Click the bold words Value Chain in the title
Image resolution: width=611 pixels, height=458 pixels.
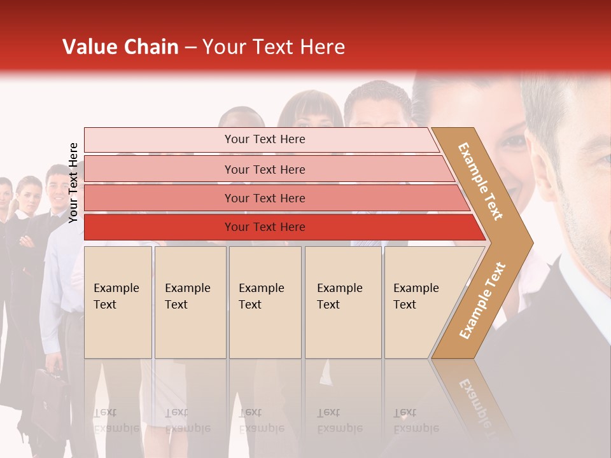[x=120, y=47]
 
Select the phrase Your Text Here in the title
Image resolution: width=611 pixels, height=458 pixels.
[x=274, y=47]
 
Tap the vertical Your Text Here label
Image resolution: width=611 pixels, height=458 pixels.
[x=73, y=183]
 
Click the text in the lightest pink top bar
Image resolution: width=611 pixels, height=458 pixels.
[x=265, y=139]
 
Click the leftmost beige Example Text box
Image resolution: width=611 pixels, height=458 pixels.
[x=118, y=302]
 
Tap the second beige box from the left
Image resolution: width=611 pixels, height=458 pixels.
[x=190, y=302]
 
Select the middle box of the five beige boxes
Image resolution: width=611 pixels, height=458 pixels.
[x=265, y=302]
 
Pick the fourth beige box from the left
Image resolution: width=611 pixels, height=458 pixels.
[x=342, y=302]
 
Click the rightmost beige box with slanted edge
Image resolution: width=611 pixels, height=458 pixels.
[x=420, y=302]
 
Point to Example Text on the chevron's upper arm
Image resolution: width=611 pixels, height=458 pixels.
[x=481, y=181]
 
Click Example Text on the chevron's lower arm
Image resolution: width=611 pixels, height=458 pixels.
[x=482, y=300]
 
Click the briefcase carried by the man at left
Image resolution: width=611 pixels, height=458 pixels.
[x=50, y=395]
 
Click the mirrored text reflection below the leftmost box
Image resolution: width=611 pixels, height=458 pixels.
[x=116, y=420]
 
